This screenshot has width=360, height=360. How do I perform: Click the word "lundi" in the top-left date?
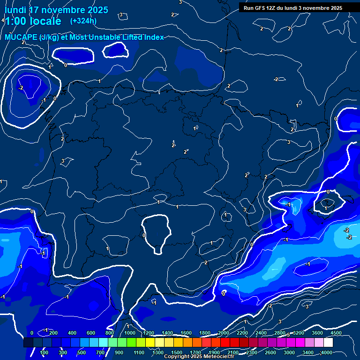pos(15,10)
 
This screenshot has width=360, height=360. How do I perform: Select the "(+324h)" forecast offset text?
pos(83,21)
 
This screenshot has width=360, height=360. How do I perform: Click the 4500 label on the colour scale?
pos(336,333)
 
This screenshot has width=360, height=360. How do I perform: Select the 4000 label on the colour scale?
pos(326,352)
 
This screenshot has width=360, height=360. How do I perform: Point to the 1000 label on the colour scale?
pos(130,333)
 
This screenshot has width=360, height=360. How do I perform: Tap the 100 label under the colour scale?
pos(45,352)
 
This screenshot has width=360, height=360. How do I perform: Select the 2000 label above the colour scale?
pos(224,333)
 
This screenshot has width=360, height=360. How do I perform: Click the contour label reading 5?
pos(288,335)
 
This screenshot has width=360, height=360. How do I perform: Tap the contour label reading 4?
pos(3,21)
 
